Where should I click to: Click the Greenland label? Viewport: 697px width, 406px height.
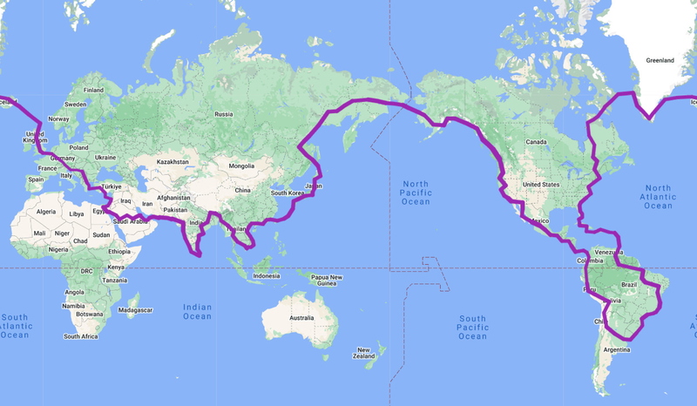point(660,61)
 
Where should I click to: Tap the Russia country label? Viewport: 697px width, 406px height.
point(224,114)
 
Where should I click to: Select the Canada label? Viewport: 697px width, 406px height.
point(535,141)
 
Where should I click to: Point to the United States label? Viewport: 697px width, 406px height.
point(540,185)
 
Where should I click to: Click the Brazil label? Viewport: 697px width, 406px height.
point(629,285)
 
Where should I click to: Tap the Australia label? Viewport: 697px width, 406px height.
point(301,318)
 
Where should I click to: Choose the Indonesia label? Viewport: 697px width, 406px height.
point(266,276)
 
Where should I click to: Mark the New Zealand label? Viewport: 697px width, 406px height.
point(364,352)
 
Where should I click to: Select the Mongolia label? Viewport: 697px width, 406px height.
point(241,166)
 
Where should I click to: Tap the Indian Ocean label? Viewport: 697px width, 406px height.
point(197,311)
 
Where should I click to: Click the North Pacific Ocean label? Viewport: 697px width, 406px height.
point(416,193)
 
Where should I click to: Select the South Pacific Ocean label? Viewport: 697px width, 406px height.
point(472,328)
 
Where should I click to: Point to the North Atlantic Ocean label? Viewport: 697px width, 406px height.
point(659,196)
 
